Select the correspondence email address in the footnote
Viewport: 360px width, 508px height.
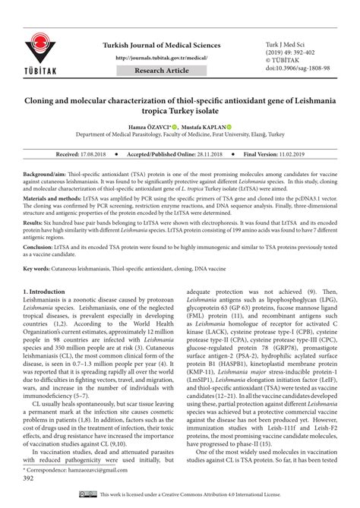(99, 472)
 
